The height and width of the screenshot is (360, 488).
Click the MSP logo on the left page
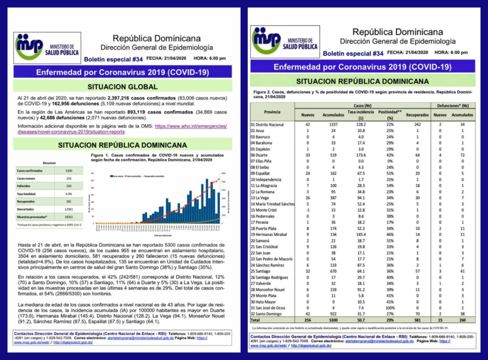coord(46,46)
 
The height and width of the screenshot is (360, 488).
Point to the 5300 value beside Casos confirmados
coord(68,170)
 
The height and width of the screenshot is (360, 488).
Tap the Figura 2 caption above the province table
coord(363,93)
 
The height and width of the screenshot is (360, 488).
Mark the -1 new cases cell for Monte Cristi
coord(308,210)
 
